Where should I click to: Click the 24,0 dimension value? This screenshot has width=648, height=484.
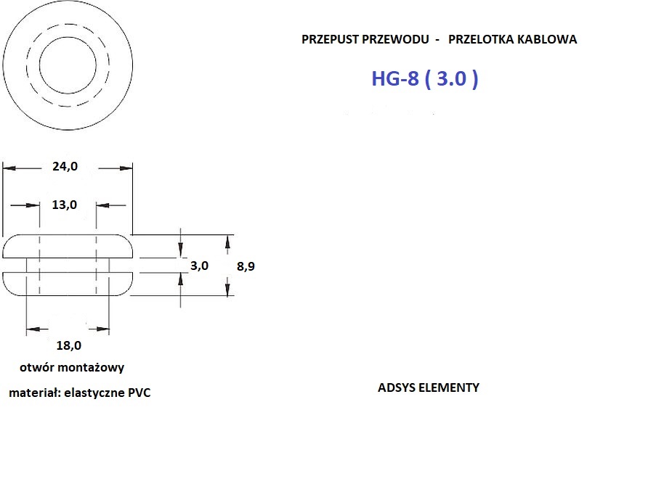65,166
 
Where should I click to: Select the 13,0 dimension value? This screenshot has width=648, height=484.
65,205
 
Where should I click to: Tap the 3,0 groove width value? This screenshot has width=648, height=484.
199,266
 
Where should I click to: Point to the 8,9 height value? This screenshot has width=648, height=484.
246,266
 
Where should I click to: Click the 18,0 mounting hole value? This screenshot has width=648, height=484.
68,345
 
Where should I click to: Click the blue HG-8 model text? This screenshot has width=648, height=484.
395,78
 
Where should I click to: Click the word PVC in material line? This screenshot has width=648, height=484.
139,393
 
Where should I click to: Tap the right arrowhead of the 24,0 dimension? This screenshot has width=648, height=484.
126,168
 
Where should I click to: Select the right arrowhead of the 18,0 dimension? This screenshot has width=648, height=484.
103,329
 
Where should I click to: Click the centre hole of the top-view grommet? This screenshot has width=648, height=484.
68,65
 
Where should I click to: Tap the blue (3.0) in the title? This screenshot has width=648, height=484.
452,78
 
